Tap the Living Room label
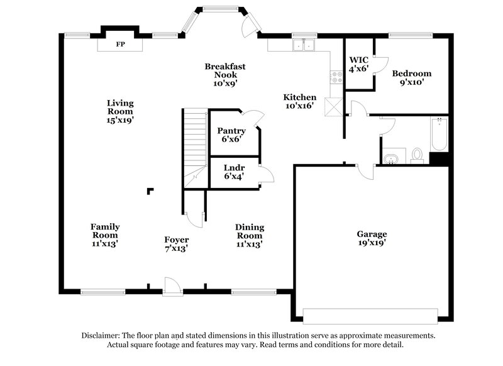120,111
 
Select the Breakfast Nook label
224,74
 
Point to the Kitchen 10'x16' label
299,102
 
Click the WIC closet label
358,65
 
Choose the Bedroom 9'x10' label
412,78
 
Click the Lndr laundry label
234,172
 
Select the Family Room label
104,235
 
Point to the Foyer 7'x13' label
176,244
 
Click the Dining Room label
249,235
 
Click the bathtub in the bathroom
438,134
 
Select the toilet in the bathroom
416,155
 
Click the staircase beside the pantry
195,145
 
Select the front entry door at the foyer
170,286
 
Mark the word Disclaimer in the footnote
103,336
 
